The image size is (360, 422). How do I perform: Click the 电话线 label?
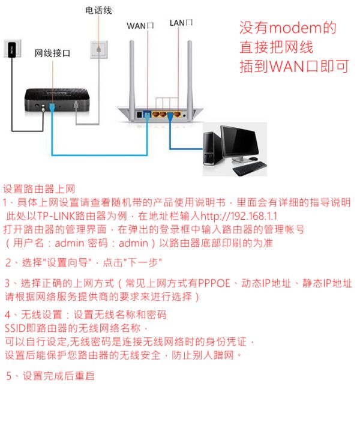(98, 10)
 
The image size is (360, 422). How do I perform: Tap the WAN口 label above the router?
(140, 26)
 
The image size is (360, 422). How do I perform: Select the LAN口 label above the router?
(181, 23)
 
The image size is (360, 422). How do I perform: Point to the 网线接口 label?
(52, 53)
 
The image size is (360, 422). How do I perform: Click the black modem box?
(57, 100)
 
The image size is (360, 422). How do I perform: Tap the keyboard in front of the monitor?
(250, 169)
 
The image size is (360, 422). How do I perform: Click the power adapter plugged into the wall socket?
(12, 50)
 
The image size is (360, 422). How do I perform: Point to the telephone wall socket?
(99, 49)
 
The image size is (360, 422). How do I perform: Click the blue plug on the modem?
(52, 107)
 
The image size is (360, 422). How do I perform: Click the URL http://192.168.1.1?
(239, 216)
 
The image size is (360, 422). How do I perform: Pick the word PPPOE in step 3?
(214, 283)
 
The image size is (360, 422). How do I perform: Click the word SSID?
(15, 328)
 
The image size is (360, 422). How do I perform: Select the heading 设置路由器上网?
(39, 189)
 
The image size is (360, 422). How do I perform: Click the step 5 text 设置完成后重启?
(58, 376)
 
